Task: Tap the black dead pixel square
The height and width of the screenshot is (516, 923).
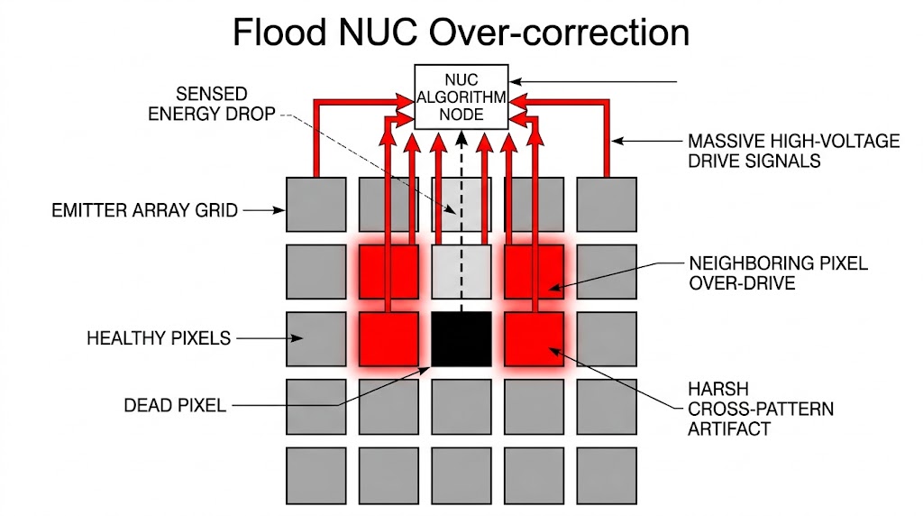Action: pos(461,339)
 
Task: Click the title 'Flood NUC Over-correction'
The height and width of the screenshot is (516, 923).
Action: pos(461,33)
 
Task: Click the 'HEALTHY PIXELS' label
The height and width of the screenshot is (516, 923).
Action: pos(159,338)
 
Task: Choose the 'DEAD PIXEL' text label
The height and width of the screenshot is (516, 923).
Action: pos(175,405)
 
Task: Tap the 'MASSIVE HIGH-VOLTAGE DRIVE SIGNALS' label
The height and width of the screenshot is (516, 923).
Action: pos(793,151)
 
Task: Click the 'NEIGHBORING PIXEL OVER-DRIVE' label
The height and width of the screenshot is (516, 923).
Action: pos(778,272)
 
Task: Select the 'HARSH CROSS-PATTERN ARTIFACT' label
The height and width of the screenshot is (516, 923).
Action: pos(760,410)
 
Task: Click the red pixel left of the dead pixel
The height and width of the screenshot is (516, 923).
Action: pos(388,339)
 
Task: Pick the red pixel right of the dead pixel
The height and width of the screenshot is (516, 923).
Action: pos(534,339)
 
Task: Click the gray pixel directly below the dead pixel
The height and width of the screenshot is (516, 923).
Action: pos(461,406)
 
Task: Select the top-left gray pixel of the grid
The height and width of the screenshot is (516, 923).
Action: pos(315,206)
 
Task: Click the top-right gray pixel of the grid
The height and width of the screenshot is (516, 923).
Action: pos(606,206)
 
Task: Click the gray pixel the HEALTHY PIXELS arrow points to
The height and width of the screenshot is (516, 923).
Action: pos(315,339)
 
